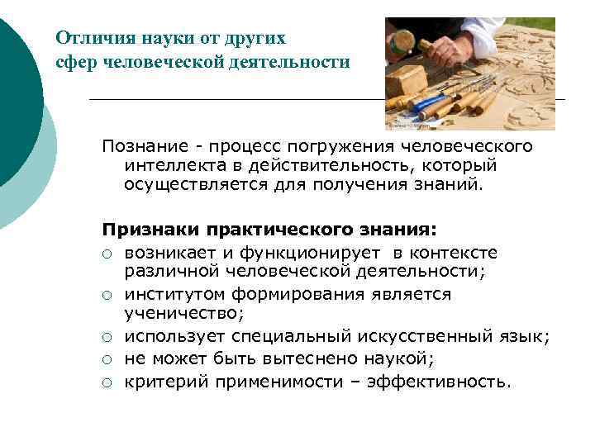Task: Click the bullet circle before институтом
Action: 107,296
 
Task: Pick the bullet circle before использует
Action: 107,337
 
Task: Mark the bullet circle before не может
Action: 107,360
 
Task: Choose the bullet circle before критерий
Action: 107,382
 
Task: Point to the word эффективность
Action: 442,382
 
